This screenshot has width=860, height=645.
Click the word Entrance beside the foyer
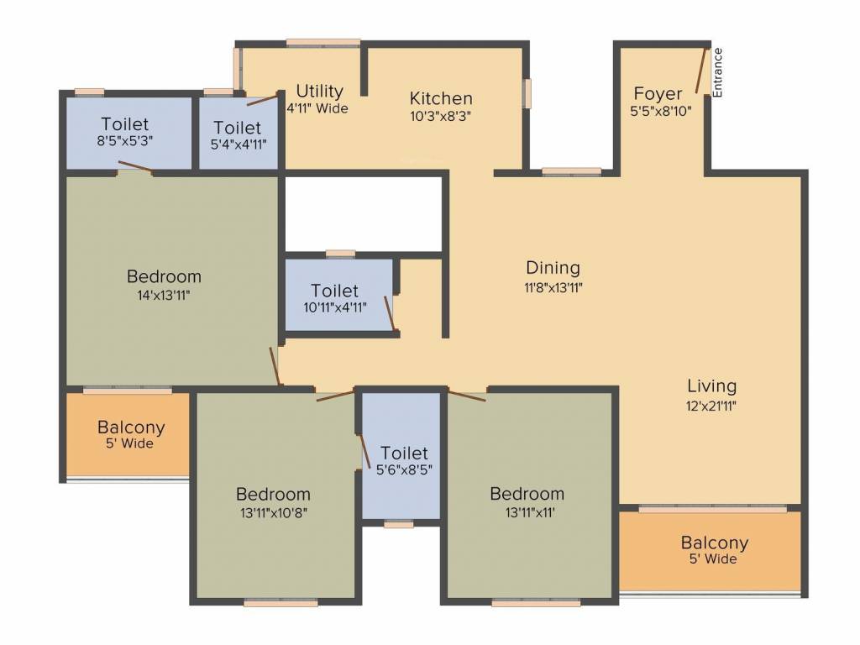pyautogui.click(x=718, y=72)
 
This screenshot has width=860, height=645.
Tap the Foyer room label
pyautogui.click(x=658, y=93)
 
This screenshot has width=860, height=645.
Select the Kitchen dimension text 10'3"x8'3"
pyautogui.click(x=441, y=117)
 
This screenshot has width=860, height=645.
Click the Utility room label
pyautogui.click(x=319, y=91)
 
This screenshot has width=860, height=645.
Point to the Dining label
pyautogui.click(x=553, y=268)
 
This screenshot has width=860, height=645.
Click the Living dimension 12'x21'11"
pyautogui.click(x=711, y=405)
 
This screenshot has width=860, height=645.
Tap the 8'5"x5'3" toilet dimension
pyautogui.click(x=124, y=141)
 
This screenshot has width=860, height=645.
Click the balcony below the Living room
pyautogui.click(x=714, y=550)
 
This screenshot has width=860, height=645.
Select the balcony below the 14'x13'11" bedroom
pyautogui.click(x=130, y=434)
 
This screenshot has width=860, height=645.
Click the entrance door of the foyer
pyautogui.click(x=700, y=71)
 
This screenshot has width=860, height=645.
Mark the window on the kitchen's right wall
pyautogui.click(x=527, y=93)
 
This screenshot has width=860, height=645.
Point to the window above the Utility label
pyautogui.click(x=322, y=43)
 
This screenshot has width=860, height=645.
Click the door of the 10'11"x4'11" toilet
pyautogui.click(x=390, y=313)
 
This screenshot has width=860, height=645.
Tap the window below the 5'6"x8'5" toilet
pyautogui.click(x=399, y=525)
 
